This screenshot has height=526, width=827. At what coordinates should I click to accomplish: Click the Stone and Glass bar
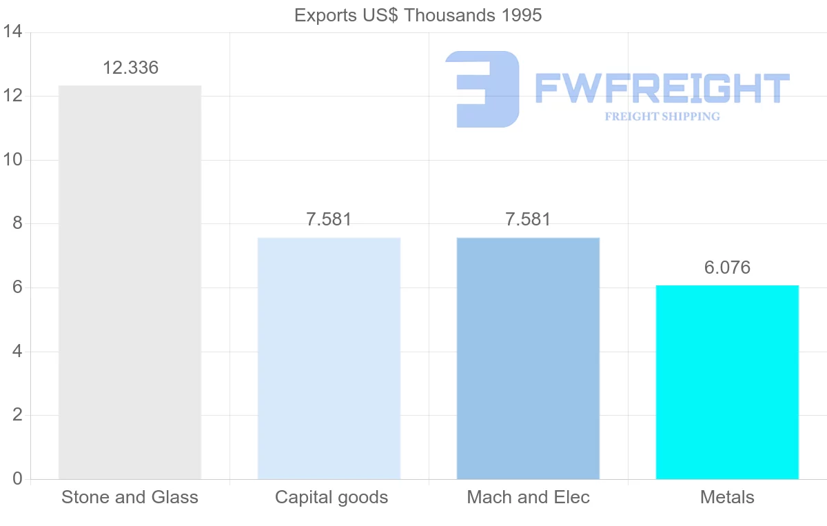[130, 282]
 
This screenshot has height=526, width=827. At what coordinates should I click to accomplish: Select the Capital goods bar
[329, 358]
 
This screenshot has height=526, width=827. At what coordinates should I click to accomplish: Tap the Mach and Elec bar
[528, 358]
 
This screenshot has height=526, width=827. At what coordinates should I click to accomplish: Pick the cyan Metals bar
[727, 382]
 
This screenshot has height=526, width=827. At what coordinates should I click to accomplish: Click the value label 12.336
[130, 68]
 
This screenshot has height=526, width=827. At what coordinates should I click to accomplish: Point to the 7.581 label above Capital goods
[329, 220]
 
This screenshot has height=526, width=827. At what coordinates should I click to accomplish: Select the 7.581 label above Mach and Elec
[528, 220]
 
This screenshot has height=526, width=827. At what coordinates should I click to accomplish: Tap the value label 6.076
[727, 267]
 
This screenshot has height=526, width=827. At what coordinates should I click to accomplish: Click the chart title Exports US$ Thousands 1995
[418, 15]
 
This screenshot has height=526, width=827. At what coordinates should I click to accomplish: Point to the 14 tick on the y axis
[13, 32]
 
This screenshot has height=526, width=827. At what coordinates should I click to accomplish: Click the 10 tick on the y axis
[13, 160]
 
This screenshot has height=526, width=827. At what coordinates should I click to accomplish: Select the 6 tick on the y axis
[17, 287]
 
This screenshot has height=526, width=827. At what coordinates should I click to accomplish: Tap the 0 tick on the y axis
[17, 479]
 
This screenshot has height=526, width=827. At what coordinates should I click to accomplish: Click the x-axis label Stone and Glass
[130, 497]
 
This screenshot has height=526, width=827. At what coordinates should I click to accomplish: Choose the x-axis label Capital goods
[331, 497]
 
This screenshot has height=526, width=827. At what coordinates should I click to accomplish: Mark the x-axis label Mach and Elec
[529, 497]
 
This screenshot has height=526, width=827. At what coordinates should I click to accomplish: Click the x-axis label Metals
[727, 497]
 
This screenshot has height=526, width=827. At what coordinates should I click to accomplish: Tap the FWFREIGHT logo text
[662, 88]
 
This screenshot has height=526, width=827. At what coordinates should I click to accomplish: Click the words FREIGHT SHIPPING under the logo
[662, 117]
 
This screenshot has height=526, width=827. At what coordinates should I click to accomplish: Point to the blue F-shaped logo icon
[482, 89]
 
